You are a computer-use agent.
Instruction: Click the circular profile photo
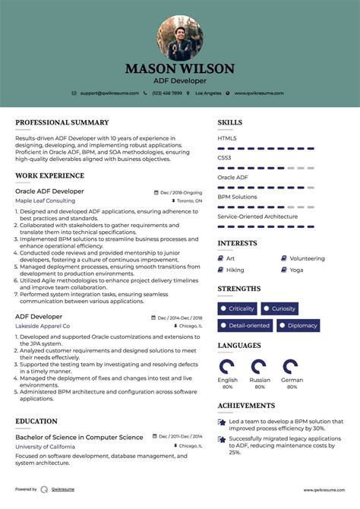(x=180, y=38)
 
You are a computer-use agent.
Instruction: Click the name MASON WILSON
(x=180, y=68)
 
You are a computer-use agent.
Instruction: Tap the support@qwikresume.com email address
(x=110, y=93)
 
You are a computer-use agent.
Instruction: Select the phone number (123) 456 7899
(x=166, y=93)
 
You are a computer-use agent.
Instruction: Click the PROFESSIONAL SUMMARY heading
(x=62, y=122)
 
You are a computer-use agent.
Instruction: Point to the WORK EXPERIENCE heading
(x=50, y=175)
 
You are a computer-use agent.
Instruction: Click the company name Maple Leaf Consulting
(x=45, y=201)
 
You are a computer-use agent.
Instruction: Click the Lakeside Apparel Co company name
(x=43, y=326)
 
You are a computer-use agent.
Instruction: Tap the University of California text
(x=45, y=447)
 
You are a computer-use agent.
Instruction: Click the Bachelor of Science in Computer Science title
(x=79, y=438)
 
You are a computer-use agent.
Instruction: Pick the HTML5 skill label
(x=227, y=138)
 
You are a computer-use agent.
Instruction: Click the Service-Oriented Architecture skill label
(x=257, y=217)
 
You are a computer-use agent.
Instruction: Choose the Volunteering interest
(x=307, y=258)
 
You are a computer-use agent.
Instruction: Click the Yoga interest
(x=296, y=270)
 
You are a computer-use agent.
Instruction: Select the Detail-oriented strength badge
(x=245, y=326)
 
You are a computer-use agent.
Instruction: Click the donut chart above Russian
(x=260, y=367)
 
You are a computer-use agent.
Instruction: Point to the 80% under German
(x=292, y=387)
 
